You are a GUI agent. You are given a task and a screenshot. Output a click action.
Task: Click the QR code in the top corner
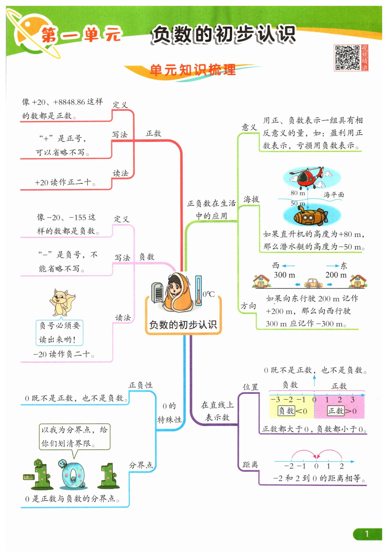click(x=347, y=58)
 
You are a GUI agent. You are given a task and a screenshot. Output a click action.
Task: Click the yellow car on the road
click(x=314, y=283)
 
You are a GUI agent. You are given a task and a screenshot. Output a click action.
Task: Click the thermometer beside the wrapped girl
click(x=198, y=290)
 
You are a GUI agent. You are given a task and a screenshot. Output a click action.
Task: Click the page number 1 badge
click(x=367, y=534)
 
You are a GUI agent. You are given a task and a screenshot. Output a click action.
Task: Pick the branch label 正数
click(x=153, y=134)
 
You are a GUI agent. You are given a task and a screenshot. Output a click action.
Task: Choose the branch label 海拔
click(x=251, y=199)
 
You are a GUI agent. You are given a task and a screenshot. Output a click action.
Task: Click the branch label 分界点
click(x=141, y=465)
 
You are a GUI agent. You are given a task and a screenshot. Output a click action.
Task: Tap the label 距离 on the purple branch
click(x=250, y=464)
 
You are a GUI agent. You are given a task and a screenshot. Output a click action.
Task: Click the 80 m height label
click(x=298, y=193)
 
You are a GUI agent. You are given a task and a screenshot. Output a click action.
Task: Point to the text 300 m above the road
click(x=284, y=275)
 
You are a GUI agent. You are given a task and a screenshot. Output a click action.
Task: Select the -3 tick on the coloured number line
click(x=275, y=399)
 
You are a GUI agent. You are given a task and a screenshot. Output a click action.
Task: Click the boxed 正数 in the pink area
click(x=336, y=411)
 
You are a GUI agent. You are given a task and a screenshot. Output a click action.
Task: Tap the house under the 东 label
click(x=358, y=281)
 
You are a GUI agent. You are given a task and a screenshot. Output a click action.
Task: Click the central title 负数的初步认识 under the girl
click(x=183, y=325)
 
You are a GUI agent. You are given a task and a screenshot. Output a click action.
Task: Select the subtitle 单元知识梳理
click(x=193, y=70)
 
